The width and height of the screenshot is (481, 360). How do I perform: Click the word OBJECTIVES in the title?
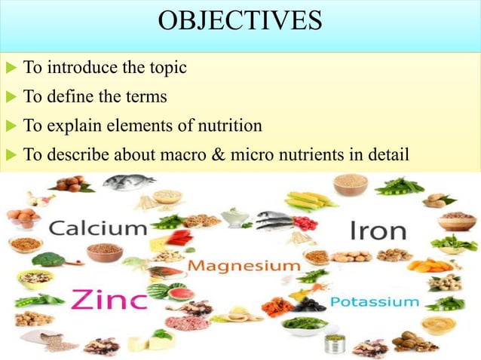(240, 21)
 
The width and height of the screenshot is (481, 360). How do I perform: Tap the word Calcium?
(98, 228)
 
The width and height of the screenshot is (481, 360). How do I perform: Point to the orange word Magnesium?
(244, 266)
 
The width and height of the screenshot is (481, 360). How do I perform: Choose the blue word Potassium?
(375, 302)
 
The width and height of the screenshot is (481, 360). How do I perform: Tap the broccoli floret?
(48, 260)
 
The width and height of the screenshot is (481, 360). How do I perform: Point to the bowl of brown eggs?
(24, 218)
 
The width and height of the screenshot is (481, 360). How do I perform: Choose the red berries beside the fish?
(305, 222)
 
